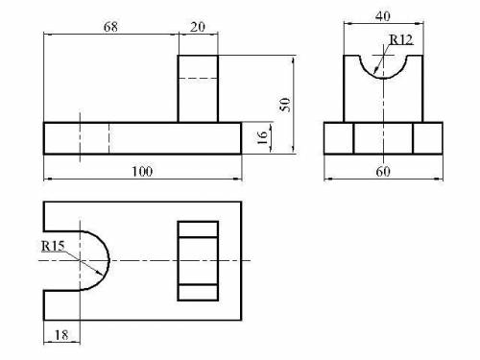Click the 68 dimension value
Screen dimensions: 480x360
[110, 27]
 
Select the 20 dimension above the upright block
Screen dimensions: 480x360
[198, 27]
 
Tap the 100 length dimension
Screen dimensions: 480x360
[142, 172]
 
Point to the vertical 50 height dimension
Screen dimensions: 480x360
[285, 105]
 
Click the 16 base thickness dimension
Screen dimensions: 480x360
[262, 137]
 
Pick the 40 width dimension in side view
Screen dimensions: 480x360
[383, 16]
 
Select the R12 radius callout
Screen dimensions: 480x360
[401, 40]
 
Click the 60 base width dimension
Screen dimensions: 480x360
[383, 172]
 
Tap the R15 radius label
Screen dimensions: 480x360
[53, 246]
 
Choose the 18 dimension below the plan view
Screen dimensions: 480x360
[61, 335]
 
